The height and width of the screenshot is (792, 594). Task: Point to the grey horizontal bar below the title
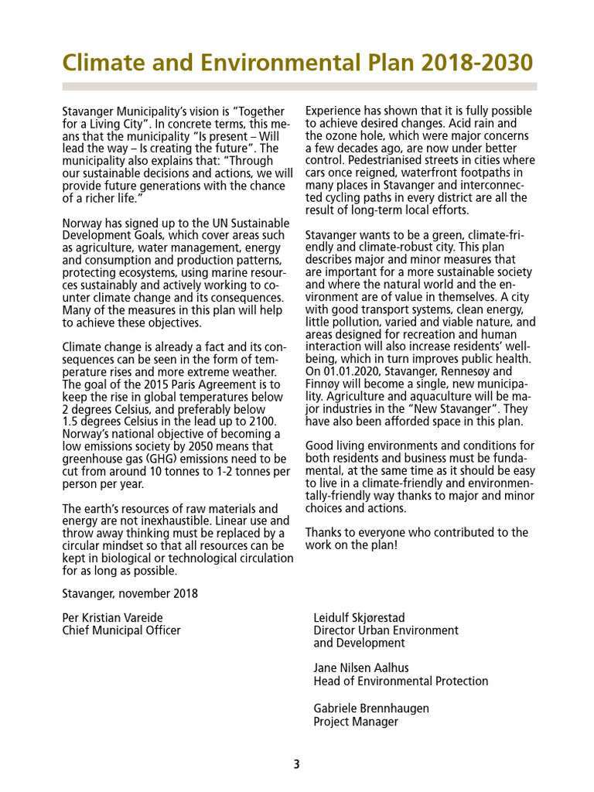[299, 86]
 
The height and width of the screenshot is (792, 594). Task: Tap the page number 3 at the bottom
[296, 765]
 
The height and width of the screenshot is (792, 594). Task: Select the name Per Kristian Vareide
[112, 617]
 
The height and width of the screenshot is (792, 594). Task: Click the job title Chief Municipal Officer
[121, 630]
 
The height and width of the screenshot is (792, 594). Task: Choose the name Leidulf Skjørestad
[359, 617]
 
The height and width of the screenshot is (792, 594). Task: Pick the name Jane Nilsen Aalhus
[361, 667]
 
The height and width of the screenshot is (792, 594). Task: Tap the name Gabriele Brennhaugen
[371, 708]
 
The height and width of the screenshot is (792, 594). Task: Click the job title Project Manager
[356, 722]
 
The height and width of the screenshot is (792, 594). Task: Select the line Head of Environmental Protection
[401, 681]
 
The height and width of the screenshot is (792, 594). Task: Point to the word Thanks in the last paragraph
[323, 533]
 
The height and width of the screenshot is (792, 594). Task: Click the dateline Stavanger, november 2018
[130, 593]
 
